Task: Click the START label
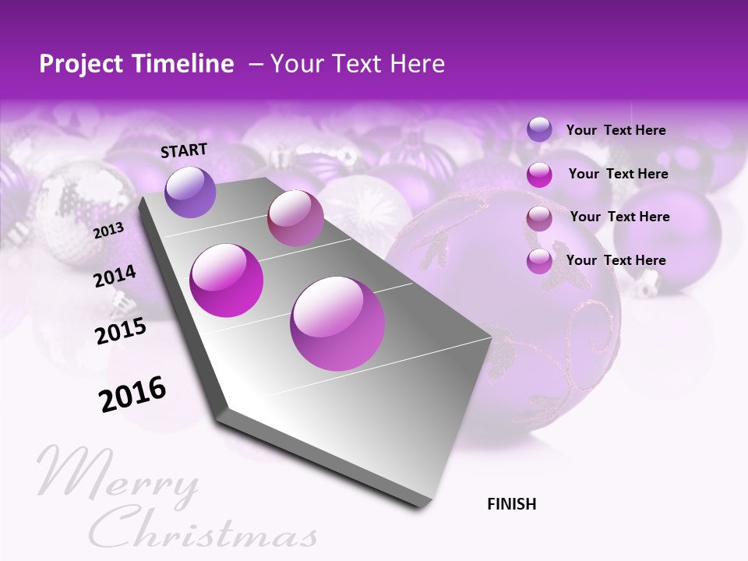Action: pos(184,150)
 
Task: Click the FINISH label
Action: pos(511,504)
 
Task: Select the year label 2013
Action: pos(108,231)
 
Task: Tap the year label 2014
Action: pos(115,276)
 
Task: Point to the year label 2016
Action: pos(132,394)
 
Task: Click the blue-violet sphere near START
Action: pos(191,192)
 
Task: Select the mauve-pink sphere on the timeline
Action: pos(295,218)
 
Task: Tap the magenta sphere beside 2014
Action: pos(227,280)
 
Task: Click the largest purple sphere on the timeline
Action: pos(337,323)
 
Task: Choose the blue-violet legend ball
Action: pos(539,130)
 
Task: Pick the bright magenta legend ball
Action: pos(539,175)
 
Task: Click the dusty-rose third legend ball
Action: pos(539,218)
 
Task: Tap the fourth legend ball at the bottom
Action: pos(539,261)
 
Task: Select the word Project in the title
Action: pos(83,64)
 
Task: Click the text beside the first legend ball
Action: pos(616,130)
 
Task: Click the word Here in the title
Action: pos(418,64)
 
